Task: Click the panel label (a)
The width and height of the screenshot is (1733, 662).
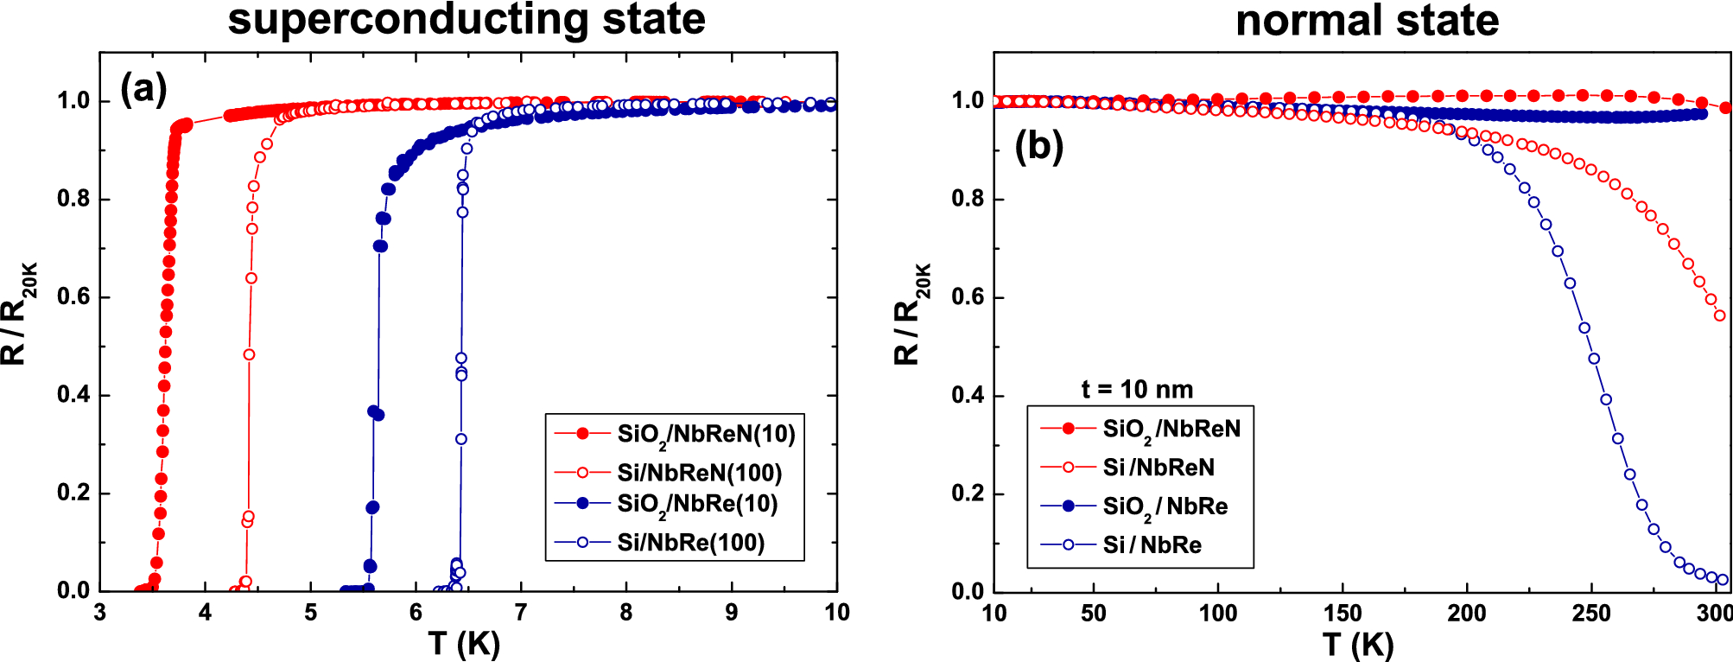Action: pyautogui.click(x=143, y=88)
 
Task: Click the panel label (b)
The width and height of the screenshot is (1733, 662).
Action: pyautogui.click(x=1038, y=146)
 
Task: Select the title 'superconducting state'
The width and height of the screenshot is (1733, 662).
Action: pyautogui.click(x=467, y=19)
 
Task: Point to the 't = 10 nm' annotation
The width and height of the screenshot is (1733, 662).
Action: pyautogui.click(x=1137, y=390)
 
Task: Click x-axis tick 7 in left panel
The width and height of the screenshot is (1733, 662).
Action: pyautogui.click(x=521, y=613)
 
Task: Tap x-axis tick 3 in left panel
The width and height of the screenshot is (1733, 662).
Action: pyautogui.click(x=100, y=613)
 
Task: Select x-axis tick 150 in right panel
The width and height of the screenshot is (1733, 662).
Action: pyautogui.click(x=1343, y=614)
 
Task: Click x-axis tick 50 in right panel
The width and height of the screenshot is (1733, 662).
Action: pyautogui.click(x=1094, y=614)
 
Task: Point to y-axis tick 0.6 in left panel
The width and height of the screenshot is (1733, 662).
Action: pyautogui.click(x=73, y=297)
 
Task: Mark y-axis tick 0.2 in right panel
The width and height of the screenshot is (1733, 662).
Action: pyautogui.click(x=968, y=493)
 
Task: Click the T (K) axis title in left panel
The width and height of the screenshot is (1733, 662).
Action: pyautogui.click(x=464, y=644)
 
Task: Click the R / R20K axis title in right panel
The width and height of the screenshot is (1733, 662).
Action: pyautogui.click(x=911, y=315)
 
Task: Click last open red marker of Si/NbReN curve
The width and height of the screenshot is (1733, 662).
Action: pyautogui.click(x=1719, y=315)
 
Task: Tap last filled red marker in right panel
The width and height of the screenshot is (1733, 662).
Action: pyautogui.click(x=1725, y=108)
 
